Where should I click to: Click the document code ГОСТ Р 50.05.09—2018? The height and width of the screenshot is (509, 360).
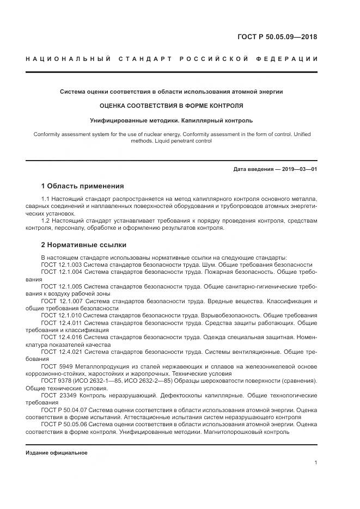click(x=277, y=37)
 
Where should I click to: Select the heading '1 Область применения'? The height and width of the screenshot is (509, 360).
click(x=82, y=186)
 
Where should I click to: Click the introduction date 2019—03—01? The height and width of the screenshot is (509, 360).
click(x=298, y=169)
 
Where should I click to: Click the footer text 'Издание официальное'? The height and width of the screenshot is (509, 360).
click(x=56, y=452)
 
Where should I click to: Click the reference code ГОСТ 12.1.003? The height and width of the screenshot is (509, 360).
click(x=62, y=265)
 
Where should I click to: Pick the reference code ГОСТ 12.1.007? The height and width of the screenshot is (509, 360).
click(x=62, y=301)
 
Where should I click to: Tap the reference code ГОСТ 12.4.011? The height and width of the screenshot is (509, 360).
click(x=62, y=323)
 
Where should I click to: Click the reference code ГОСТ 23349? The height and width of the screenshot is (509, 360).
click(x=57, y=396)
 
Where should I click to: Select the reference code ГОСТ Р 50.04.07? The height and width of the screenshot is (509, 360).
click(x=64, y=410)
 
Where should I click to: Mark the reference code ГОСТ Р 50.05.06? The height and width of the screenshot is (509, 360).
click(x=64, y=425)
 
